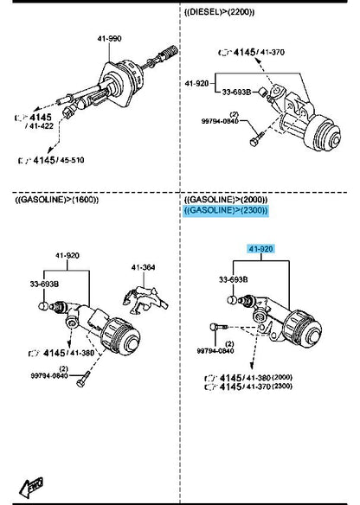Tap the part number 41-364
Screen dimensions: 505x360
(x=144, y=267)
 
